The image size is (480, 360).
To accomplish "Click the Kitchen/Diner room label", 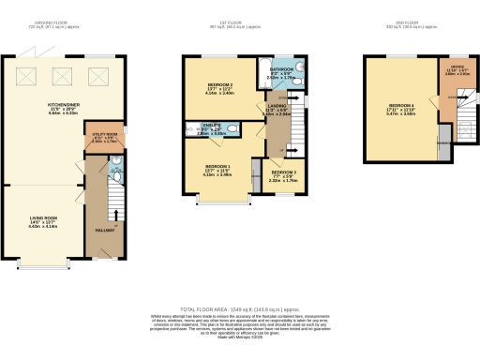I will coord(62,106).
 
